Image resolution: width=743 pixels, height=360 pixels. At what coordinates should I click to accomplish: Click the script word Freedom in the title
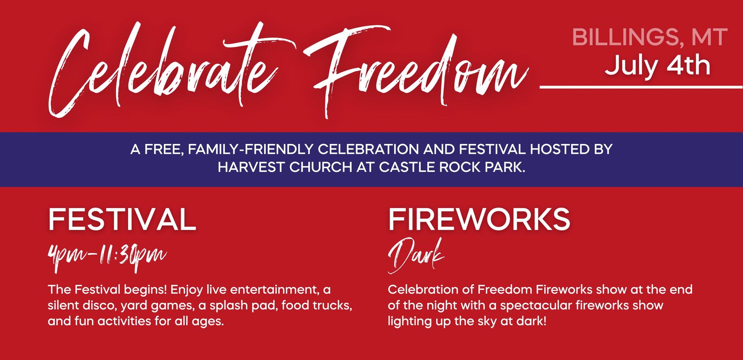(x=415, y=72)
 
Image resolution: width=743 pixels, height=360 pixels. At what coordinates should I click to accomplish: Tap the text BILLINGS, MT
(x=650, y=37)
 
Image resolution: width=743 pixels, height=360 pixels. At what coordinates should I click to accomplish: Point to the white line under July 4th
(x=641, y=87)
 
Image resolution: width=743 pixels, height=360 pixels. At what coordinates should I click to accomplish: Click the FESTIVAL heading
(x=122, y=219)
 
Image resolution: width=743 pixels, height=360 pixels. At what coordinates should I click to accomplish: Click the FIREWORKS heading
(x=479, y=219)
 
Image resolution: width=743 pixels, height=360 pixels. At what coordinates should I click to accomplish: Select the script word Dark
(x=416, y=256)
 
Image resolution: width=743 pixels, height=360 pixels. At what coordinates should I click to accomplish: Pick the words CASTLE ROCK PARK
(x=452, y=167)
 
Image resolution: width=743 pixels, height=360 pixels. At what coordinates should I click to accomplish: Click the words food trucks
(x=317, y=305)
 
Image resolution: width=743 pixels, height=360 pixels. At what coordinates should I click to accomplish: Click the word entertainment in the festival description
(x=275, y=290)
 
